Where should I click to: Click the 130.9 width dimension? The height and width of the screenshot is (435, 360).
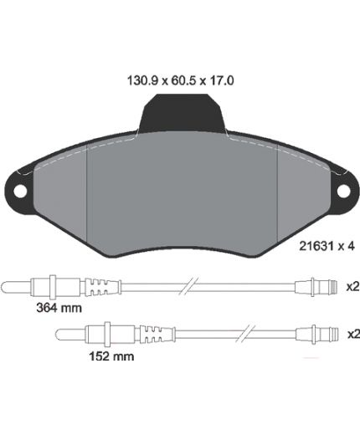coord(142,80)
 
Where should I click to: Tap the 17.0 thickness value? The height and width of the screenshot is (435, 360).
coord(220,80)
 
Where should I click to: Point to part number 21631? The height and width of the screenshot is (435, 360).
coord(316,246)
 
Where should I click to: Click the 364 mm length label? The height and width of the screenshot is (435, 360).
coord(59,308)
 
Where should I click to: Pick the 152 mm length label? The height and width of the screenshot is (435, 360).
coord(111,356)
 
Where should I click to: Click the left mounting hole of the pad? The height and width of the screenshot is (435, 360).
coord(20,191)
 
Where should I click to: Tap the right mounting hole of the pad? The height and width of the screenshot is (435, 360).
coord(343,191)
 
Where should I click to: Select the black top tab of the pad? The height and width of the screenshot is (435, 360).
coord(182,113)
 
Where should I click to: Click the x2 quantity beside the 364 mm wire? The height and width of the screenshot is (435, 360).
coord(353,287)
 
